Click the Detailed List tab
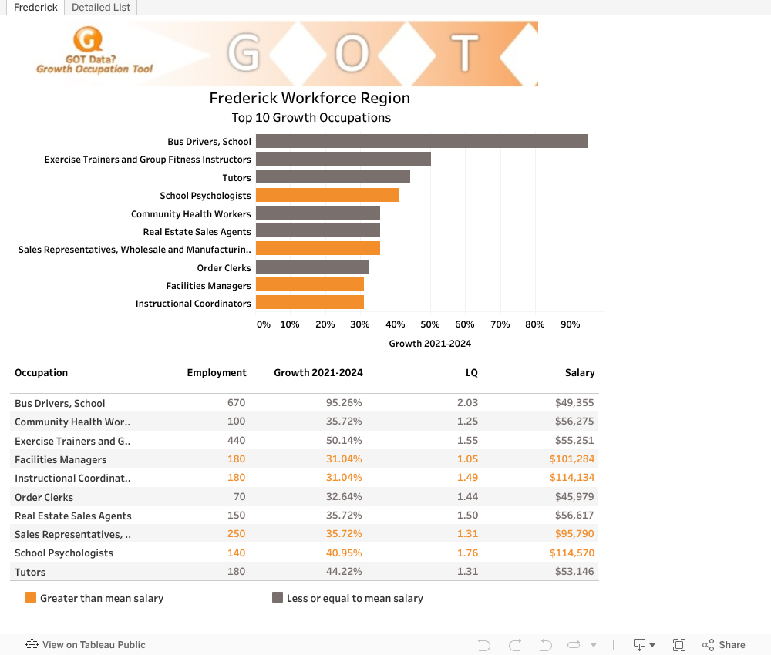coord(102,8)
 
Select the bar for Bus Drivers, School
coord(422,141)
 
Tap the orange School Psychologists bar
coord(327,195)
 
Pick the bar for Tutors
coord(332,177)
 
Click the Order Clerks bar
coord(312,267)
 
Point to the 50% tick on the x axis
coord(429,324)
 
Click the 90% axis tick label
coord(570,324)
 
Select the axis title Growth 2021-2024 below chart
coord(429,344)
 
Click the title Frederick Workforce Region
coord(309,98)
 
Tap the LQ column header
coord(471,373)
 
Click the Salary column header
coord(579,373)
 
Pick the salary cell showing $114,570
coord(571,553)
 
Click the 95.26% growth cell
coord(345,403)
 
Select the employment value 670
coord(236,403)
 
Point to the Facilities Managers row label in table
coord(61,460)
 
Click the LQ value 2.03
coord(467,403)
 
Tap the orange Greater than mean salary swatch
coord(31,597)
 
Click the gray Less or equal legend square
coord(278,597)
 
